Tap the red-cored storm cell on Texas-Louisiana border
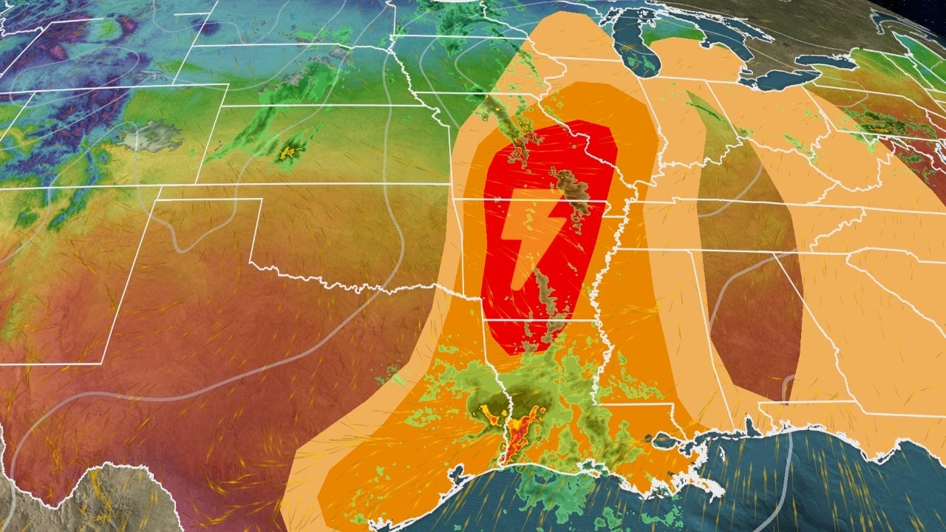tap(517, 436)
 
